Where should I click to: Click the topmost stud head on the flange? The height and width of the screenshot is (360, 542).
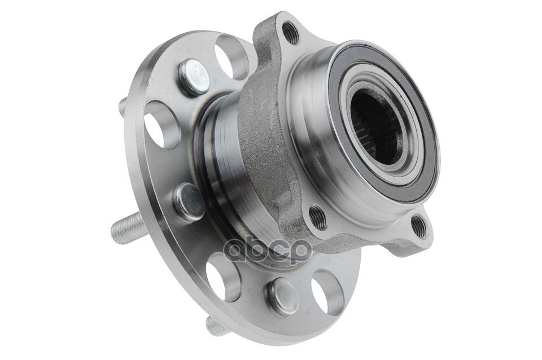point(194,76)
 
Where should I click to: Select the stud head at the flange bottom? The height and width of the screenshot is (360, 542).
point(283,296)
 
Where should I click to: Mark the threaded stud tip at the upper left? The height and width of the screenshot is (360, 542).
point(122,106)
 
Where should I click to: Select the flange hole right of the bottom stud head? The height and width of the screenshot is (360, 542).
point(327,292)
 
